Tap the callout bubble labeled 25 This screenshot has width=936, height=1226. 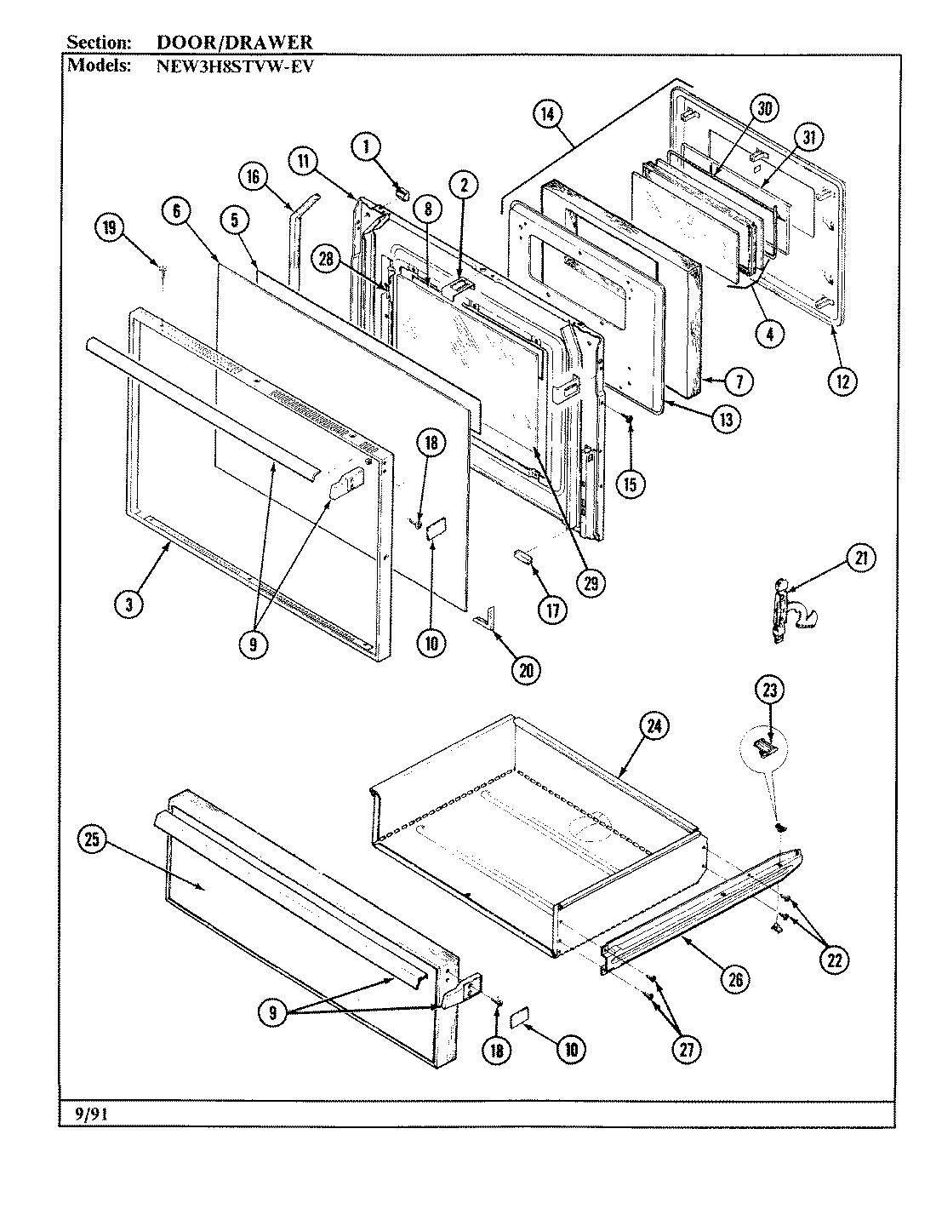[x=91, y=840]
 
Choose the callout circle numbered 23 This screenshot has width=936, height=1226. [x=769, y=690]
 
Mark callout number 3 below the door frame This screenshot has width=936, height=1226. [x=128, y=604]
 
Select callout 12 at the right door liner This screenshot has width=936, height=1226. [x=844, y=381]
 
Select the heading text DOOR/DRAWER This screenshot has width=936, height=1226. [x=234, y=42]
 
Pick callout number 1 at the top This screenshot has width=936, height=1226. [x=367, y=147]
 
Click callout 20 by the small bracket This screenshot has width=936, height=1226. [x=525, y=670]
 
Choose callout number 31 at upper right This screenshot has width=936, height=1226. [x=808, y=137]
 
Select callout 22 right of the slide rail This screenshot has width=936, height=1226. [x=835, y=960]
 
